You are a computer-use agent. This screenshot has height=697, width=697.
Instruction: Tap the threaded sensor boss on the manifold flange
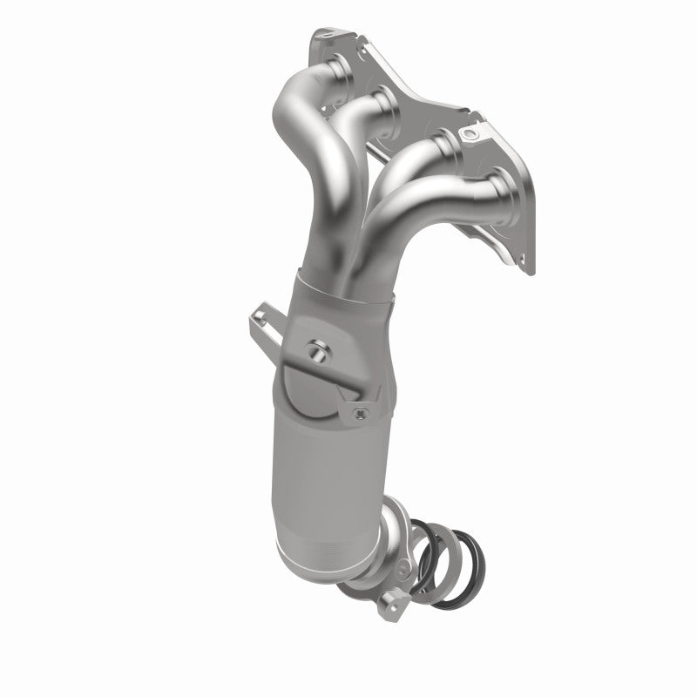471,133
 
